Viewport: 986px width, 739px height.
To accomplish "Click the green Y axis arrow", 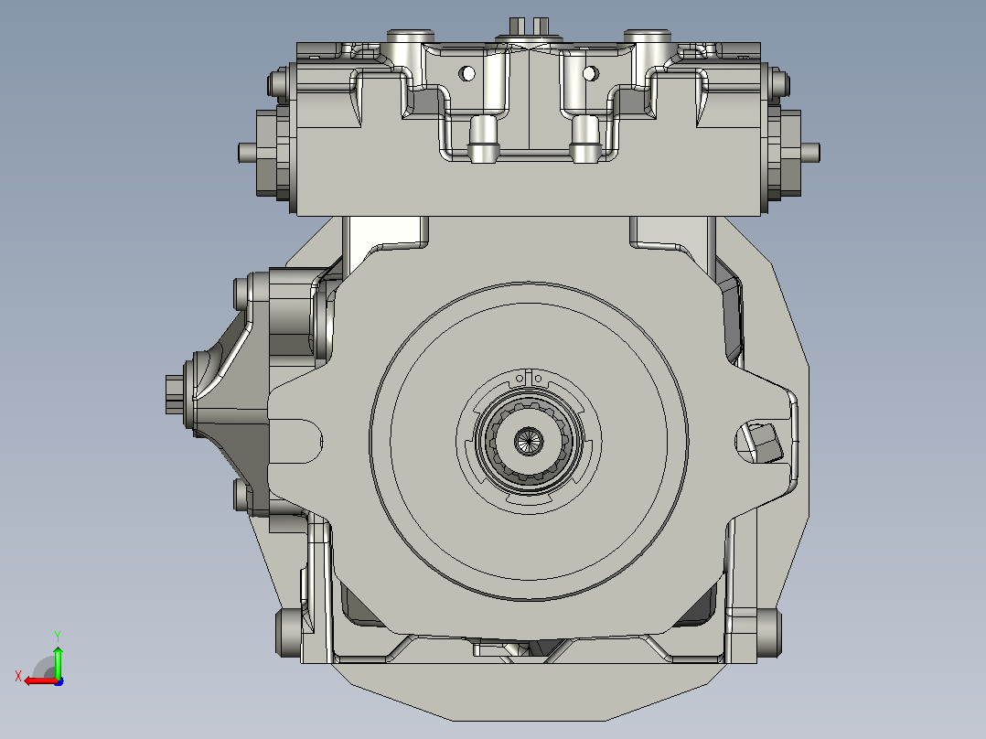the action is point(58,660).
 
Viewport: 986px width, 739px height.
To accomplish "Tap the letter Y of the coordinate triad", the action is point(58,636).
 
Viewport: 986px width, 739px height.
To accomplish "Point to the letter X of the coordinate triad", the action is point(18,676).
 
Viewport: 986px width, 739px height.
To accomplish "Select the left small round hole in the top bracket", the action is point(466,73).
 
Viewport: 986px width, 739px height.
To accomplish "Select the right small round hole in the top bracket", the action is point(590,73).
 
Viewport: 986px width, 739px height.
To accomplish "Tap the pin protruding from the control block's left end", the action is point(247,153).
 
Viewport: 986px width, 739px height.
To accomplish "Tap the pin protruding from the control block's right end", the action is point(810,153).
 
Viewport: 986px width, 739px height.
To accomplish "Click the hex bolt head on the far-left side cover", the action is point(174,394).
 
